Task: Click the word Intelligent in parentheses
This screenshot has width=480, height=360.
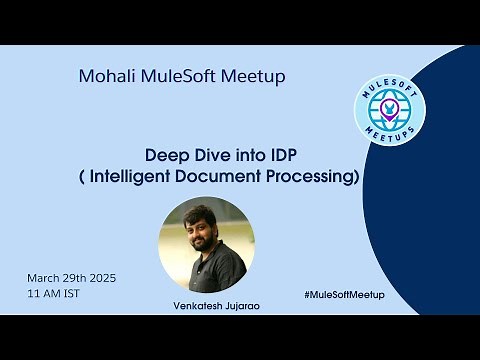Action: (x=186, y=177)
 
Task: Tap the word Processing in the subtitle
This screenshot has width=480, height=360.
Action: (x=328, y=177)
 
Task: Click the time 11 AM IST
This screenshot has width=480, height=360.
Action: (x=54, y=294)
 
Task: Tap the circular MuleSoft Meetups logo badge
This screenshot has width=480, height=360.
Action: (x=389, y=109)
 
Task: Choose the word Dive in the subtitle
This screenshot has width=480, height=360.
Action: (x=207, y=156)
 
